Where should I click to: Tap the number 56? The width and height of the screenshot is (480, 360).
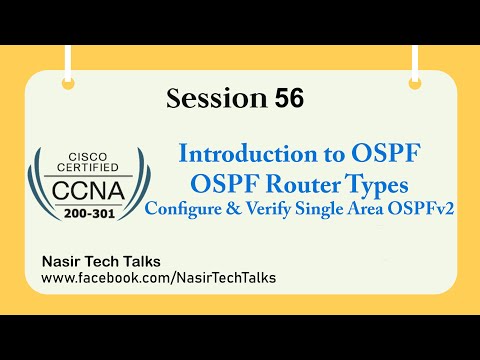tap(275, 99)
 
